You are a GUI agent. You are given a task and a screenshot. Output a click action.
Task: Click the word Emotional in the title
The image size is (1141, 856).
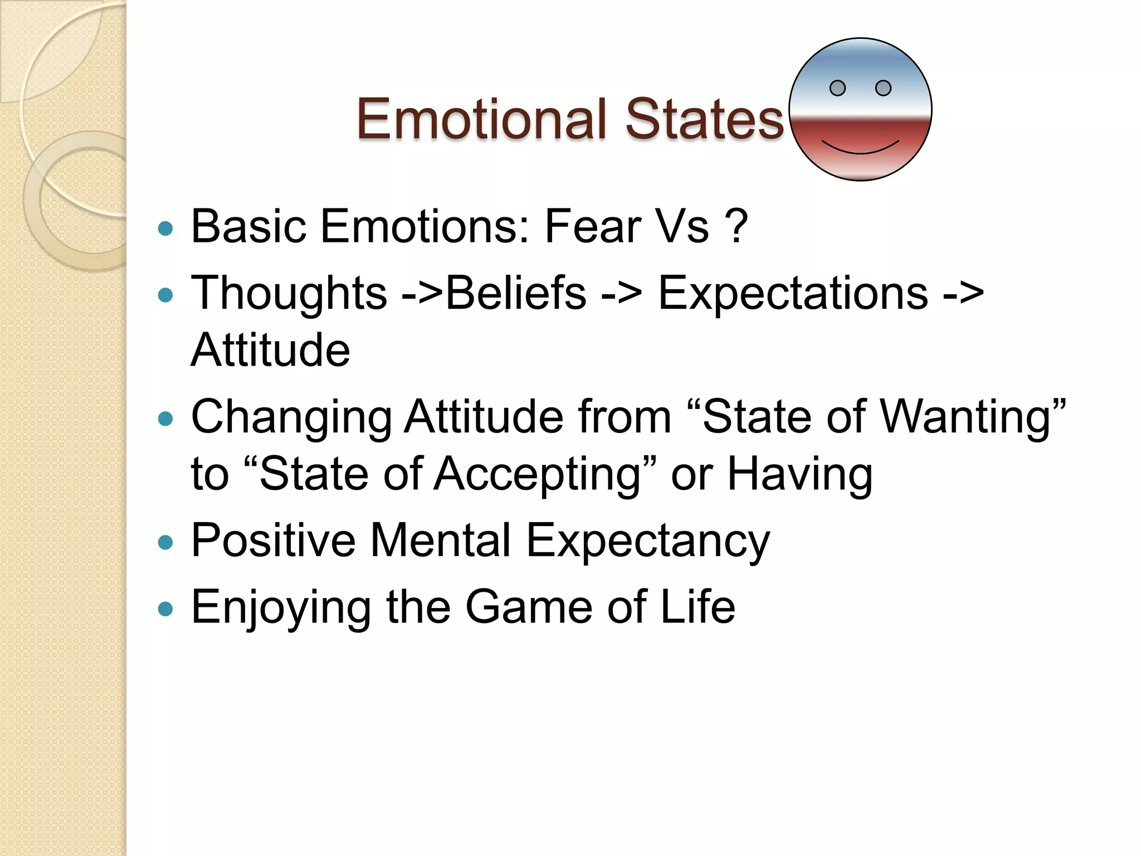[x=481, y=119]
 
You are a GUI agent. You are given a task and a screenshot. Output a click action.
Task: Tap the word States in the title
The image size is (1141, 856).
[x=704, y=119]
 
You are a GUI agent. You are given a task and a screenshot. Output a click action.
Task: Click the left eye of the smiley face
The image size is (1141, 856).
[x=837, y=88]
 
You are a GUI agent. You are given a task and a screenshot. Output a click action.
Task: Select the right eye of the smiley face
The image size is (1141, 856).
[x=883, y=88]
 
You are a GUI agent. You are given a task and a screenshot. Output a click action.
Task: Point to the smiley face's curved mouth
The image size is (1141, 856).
[x=860, y=149]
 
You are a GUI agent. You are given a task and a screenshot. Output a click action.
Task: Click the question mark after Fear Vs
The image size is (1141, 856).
[x=737, y=226]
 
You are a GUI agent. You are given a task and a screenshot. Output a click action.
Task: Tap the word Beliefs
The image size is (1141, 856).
[x=516, y=293]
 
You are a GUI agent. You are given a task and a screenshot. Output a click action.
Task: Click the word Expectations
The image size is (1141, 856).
[x=793, y=293]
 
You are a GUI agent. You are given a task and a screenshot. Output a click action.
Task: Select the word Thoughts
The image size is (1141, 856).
[x=289, y=293]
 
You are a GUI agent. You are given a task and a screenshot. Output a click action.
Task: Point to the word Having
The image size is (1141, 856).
[x=800, y=474]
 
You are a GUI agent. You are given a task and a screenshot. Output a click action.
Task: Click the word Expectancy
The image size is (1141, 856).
[x=648, y=541]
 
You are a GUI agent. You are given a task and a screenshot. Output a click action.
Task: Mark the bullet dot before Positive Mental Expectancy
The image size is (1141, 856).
[x=165, y=542]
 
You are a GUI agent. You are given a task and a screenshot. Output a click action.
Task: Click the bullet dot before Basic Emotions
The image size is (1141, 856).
[x=165, y=228]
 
